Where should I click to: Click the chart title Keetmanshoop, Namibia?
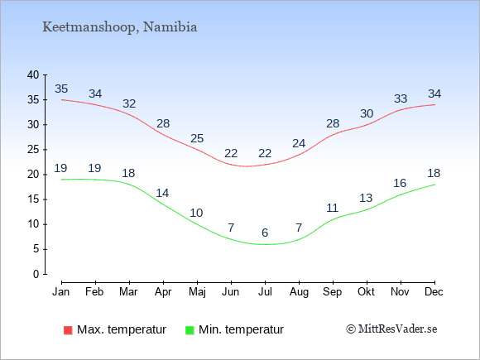tap(120, 27)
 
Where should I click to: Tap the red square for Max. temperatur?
tap(68, 330)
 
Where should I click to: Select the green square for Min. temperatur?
tap(190, 330)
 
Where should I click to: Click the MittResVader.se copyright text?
tap(391, 329)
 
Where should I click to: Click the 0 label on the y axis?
tap(36, 274)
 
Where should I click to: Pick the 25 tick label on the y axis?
tap(33, 150)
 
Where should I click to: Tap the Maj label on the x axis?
tap(197, 292)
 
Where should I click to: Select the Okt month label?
tap(366, 292)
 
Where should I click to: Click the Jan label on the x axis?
tap(61, 292)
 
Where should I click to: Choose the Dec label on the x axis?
tap(434, 292)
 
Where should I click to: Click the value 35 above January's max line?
tap(61, 89)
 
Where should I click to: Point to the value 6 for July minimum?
tap(265, 233)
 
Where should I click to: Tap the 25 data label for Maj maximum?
tap(197, 139)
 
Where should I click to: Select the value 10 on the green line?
tap(196, 213)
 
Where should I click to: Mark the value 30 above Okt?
tap(367, 114)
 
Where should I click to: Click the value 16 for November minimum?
tap(400, 184)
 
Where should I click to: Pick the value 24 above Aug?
tap(299, 143)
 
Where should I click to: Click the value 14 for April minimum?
tap(162, 193)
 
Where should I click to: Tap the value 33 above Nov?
tap(401, 98)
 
